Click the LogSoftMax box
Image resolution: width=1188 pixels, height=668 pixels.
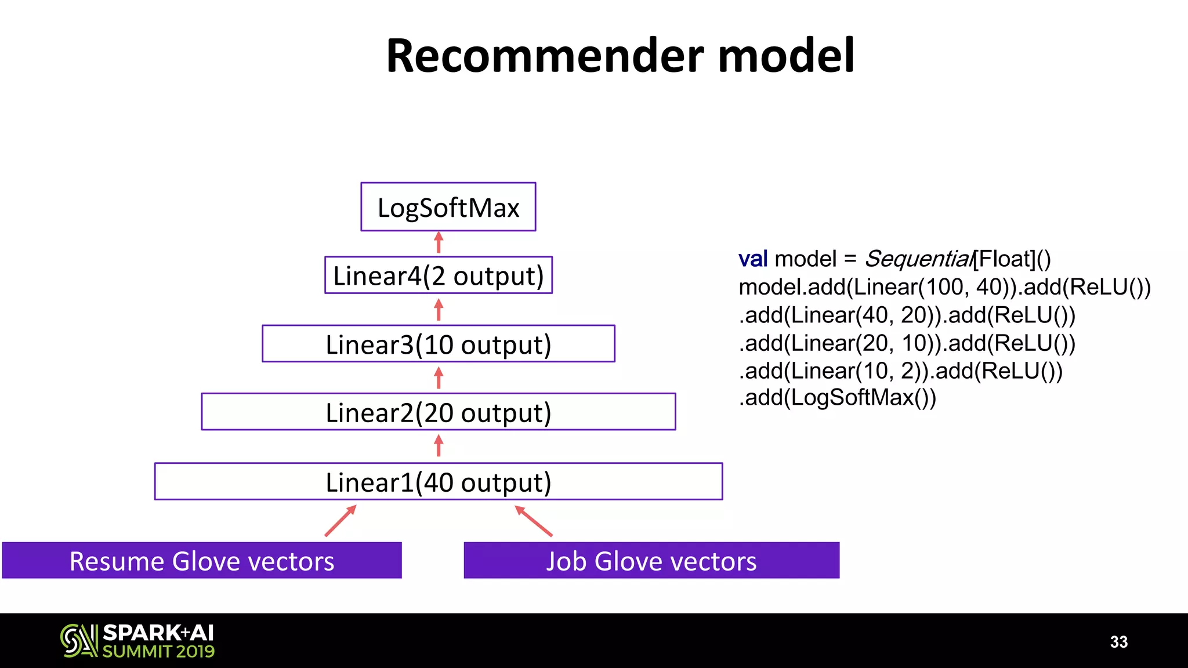[x=448, y=207]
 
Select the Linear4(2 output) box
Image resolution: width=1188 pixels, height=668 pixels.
[x=438, y=275]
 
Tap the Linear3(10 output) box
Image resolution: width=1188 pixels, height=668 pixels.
[x=438, y=344]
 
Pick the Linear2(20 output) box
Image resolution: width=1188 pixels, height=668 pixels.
[x=438, y=412]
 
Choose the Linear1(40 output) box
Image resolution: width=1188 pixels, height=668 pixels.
[x=438, y=481]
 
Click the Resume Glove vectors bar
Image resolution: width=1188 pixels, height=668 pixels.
[x=201, y=561]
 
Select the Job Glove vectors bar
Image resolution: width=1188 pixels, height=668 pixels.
[x=651, y=561]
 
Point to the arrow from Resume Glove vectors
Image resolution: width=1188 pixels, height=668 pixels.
[x=341, y=520]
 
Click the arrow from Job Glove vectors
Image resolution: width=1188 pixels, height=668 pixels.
[x=533, y=520]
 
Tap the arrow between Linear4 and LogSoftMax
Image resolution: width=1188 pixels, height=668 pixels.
[x=439, y=243]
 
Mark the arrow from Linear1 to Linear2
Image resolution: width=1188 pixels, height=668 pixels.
[x=439, y=446]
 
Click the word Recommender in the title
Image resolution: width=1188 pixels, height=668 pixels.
[x=544, y=56]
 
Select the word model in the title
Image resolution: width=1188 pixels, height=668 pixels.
[x=786, y=56]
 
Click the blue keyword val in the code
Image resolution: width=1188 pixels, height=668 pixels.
[x=752, y=259]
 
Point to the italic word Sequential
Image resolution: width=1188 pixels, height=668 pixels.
[x=918, y=259]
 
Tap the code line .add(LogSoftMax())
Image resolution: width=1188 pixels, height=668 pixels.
[x=837, y=398]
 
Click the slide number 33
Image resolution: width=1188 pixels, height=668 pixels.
[x=1118, y=642]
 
